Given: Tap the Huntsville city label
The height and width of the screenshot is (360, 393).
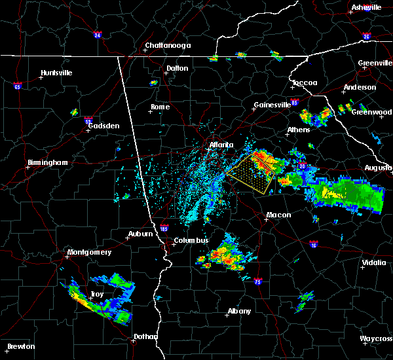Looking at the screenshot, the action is [56, 73].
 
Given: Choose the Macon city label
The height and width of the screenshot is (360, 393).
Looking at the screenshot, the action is [278, 215].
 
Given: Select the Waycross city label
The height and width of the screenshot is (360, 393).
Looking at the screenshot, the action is [376, 338].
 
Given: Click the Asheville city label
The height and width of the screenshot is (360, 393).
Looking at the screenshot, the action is [366, 7].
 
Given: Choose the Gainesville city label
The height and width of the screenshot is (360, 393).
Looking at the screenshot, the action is [272, 105].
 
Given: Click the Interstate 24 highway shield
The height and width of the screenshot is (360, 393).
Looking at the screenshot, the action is [96, 35].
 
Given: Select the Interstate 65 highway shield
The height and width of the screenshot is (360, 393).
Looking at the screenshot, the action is [18, 86].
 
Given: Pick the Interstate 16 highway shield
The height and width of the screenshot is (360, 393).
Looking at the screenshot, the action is [312, 243].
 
